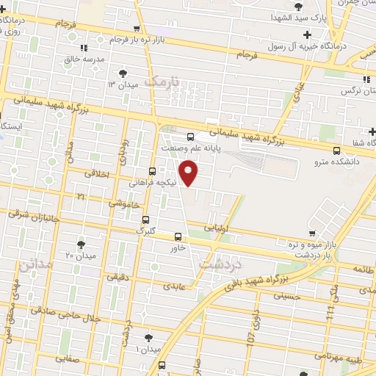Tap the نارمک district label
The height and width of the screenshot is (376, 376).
(162, 81)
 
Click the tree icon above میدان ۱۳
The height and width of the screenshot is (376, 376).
(123, 73)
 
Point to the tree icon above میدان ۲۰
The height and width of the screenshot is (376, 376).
(81, 244)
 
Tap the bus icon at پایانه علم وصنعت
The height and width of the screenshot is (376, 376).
(191, 136)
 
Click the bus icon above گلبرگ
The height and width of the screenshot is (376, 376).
(145, 219)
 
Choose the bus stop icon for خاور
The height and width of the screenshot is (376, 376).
(178, 236)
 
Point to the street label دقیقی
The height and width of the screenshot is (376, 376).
(117, 278)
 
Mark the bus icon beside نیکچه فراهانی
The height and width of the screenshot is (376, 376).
(152, 170)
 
